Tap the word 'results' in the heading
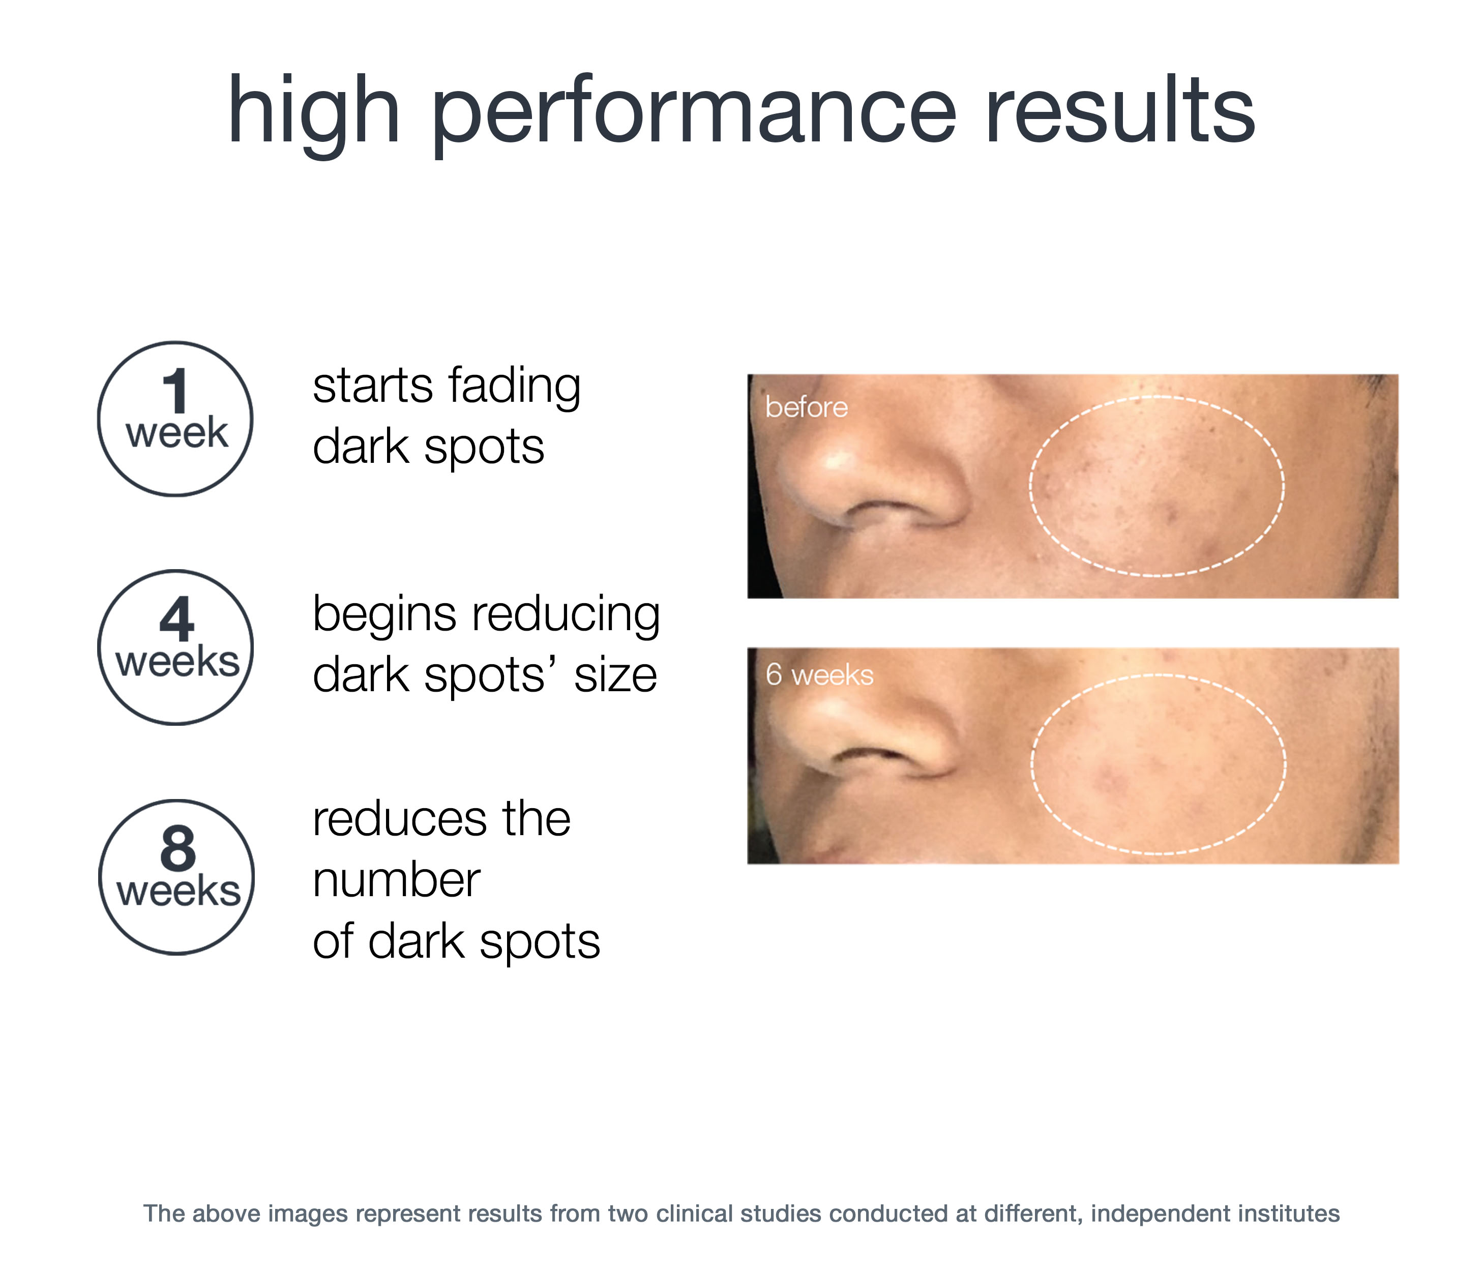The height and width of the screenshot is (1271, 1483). coord(1119,109)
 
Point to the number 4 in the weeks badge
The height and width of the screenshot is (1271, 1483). coord(177,620)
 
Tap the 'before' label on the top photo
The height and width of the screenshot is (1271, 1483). coord(806,407)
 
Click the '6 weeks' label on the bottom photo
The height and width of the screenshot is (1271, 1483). coord(819,675)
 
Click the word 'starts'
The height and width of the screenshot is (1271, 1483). coord(372,387)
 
